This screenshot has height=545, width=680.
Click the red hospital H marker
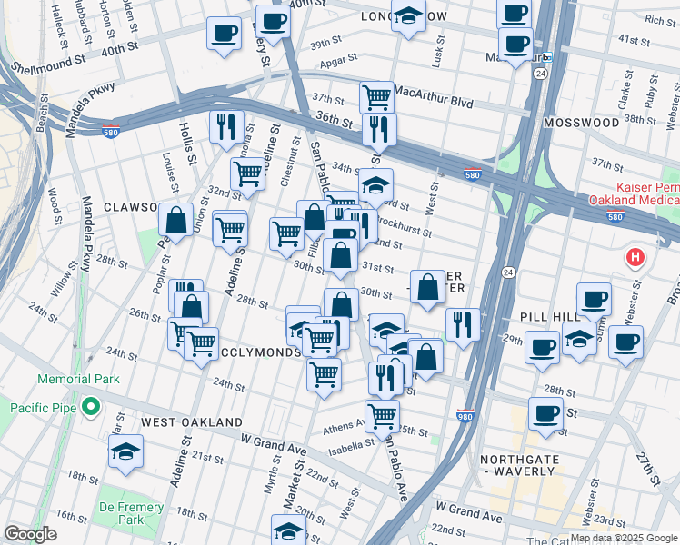pos(635,258)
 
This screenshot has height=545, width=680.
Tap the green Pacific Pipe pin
pos(91,407)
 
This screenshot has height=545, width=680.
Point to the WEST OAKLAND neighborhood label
pos(191,422)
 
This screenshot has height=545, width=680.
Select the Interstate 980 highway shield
pos(467,414)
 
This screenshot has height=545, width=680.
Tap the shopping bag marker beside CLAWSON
pos(175,220)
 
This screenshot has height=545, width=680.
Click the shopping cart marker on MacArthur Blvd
pos(375,96)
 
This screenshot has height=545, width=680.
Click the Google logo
pos(30,534)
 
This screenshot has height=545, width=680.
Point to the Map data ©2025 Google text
pos(624,538)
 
